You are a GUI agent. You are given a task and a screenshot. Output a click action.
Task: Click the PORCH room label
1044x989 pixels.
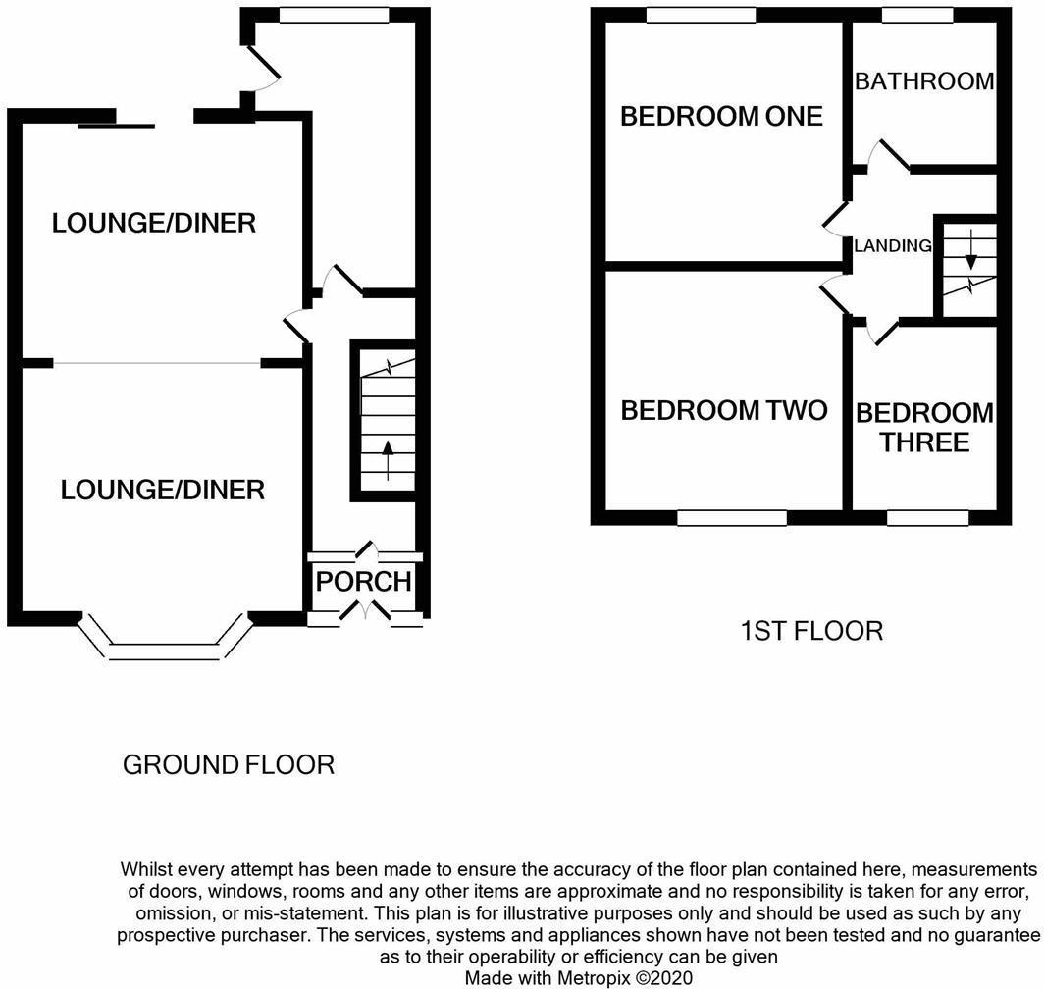pos(363,582)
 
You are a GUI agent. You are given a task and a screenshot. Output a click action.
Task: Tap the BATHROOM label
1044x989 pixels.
pos(925,81)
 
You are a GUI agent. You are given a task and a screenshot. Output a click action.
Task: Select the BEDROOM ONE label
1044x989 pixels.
pos(722,116)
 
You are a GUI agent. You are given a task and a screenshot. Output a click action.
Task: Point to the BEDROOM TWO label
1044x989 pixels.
pos(724,409)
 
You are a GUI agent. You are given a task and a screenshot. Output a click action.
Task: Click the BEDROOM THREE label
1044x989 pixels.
pos(925,428)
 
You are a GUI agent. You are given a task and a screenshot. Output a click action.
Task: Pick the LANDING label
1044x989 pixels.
pos(893,245)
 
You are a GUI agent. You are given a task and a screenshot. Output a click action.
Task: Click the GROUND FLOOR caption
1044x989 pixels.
pos(229,764)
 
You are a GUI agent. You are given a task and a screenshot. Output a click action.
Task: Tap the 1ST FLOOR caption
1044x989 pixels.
pos(811,631)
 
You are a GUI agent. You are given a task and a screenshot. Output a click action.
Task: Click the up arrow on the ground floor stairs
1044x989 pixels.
pos(388,459)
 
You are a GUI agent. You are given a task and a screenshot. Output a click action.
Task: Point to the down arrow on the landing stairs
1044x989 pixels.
pos(970,250)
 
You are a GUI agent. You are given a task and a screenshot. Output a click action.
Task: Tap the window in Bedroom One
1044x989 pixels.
pos(701,15)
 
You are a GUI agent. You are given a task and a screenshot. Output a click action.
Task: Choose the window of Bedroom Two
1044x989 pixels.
pos(732,517)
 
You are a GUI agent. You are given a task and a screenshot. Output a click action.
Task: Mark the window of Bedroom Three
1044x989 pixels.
pos(928,517)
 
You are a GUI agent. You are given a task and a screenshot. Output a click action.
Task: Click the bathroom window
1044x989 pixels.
pos(916,15)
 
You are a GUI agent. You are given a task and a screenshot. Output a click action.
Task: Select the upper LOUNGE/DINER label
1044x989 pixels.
pos(154,223)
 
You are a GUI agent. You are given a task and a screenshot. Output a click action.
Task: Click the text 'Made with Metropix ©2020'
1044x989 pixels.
pos(579,977)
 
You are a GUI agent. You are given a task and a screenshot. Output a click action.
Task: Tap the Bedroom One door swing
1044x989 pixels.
pos(835,219)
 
